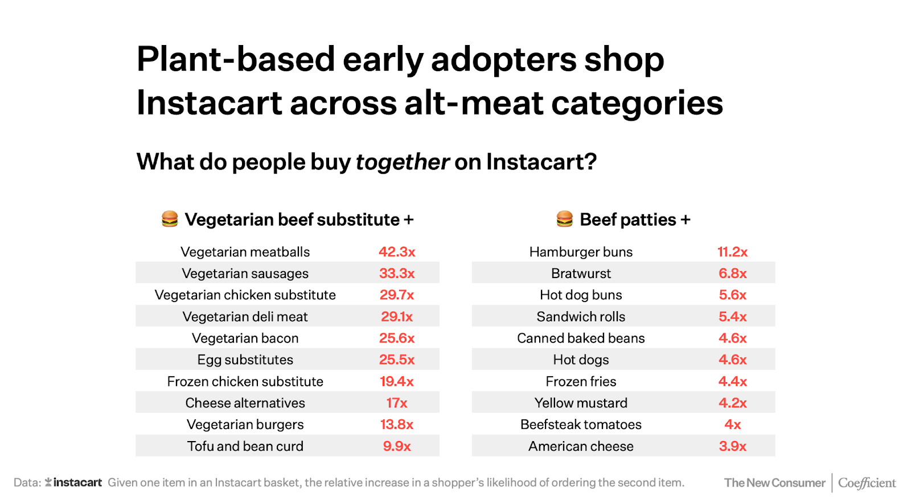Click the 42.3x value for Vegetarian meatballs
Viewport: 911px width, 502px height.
tap(397, 252)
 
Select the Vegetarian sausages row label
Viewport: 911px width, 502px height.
tap(245, 274)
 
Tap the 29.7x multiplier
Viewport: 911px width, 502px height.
tap(397, 295)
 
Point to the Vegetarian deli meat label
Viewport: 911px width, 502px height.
tap(245, 317)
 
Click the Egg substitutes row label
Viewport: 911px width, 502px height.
tap(245, 360)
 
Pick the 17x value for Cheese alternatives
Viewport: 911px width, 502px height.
tap(397, 403)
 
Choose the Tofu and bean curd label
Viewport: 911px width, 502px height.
tap(245, 447)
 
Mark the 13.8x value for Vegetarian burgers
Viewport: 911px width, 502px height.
tap(397, 425)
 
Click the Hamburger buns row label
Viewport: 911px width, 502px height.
tap(581, 252)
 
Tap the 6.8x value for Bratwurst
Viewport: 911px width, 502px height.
tap(732, 274)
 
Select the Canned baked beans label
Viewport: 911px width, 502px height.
tap(581, 338)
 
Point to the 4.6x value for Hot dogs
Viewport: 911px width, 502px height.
tap(732, 360)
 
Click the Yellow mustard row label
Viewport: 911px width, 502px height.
tap(581, 403)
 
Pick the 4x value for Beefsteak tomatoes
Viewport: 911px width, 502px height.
tap(732, 425)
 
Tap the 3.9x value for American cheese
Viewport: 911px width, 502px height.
tap(732, 447)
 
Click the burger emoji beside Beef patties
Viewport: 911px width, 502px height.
tap(564, 219)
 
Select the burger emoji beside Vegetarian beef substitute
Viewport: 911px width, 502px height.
tap(170, 219)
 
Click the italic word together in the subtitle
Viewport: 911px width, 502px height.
tap(403, 162)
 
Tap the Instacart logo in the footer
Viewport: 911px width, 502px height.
tap(73, 483)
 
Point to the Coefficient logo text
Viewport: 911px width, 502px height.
tap(867, 483)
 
